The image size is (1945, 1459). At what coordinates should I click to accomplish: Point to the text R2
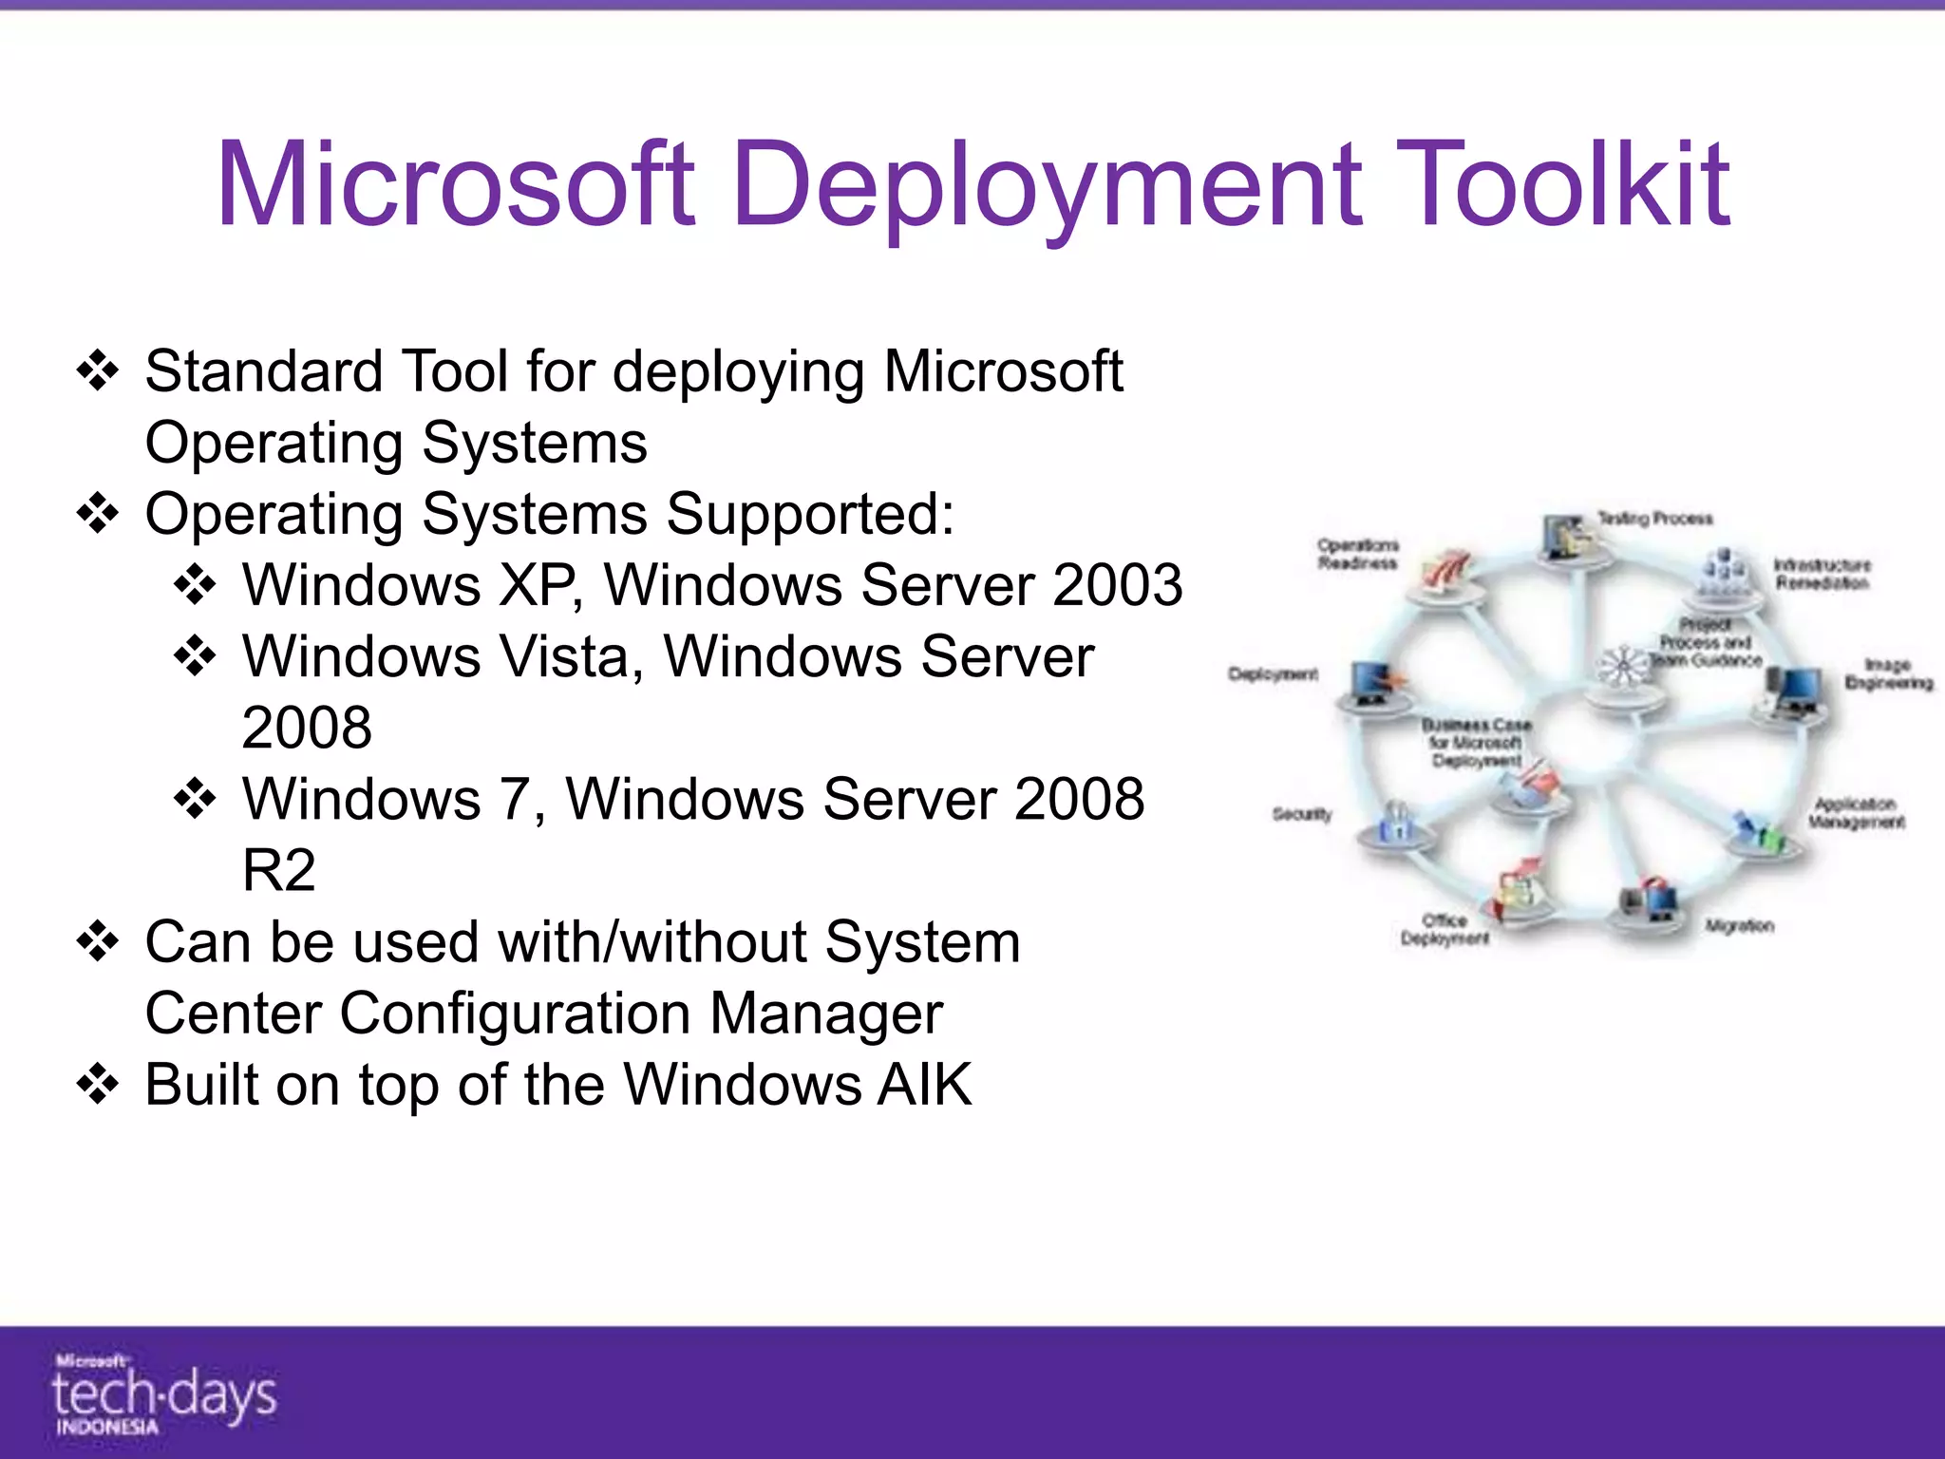[x=278, y=870]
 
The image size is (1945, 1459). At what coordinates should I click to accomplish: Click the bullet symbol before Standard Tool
[x=98, y=371]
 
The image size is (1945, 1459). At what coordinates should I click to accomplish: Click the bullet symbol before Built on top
[x=98, y=1085]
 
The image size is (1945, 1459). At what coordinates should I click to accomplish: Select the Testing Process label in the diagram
[x=1654, y=519]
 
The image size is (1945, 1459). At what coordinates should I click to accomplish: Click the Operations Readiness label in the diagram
[x=1358, y=554]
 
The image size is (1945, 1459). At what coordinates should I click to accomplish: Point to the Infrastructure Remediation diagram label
[x=1822, y=574]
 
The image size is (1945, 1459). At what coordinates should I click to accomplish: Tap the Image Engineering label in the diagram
[x=1888, y=673]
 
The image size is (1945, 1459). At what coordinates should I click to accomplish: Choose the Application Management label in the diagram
[x=1857, y=813]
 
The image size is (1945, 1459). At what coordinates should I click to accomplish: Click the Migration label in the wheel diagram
[x=1739, y=925]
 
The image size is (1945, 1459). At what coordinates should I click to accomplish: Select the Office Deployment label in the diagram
[x=1445, y=929]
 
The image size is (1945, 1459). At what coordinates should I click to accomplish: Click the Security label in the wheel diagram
[x=1302, y=814]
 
